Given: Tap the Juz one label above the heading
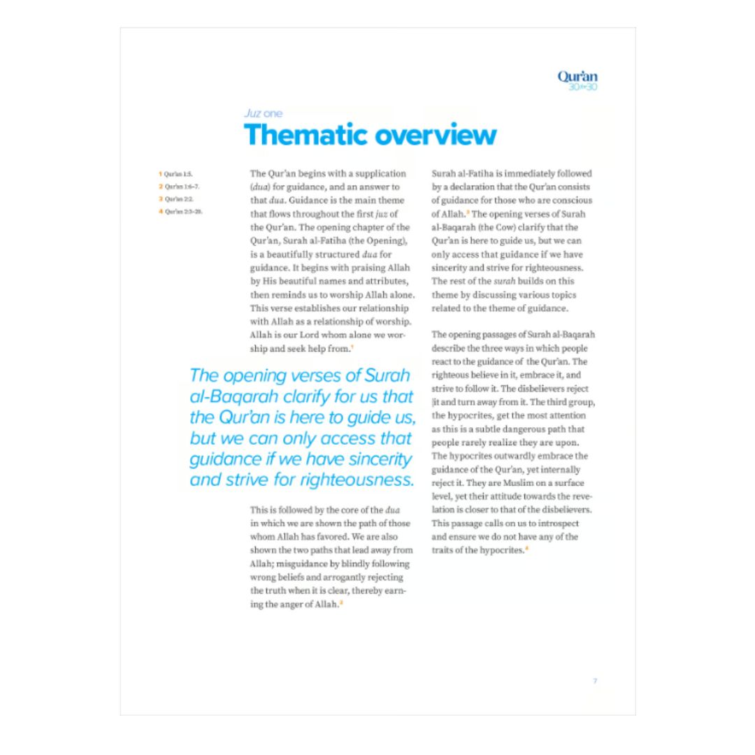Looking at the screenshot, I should (x=263, y=113).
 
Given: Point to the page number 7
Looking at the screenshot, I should (x=595, y=681).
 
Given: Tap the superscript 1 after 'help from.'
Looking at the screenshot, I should (x=352, y=347).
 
